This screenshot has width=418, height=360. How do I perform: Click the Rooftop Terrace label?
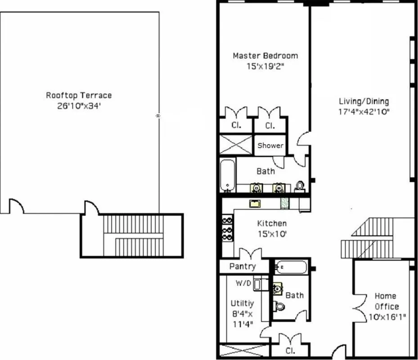click(79, 95)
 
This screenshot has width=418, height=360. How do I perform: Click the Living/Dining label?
click(364, 101)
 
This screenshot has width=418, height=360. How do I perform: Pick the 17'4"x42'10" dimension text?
click(364, 112)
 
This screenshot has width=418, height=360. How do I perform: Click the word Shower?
click(270, 145)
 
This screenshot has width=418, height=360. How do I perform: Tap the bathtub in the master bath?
click(227, 175)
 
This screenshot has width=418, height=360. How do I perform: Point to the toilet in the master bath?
click(300, 186)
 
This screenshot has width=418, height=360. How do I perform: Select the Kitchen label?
click(271, 224)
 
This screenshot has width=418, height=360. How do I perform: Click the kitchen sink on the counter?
click(256, 203)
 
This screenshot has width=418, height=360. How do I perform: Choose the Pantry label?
click(243, 266)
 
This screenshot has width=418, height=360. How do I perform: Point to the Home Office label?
click(386, 301)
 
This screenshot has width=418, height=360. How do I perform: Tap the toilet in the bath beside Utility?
click(279, 306)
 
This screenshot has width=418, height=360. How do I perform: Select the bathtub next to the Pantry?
click(291, 268)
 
